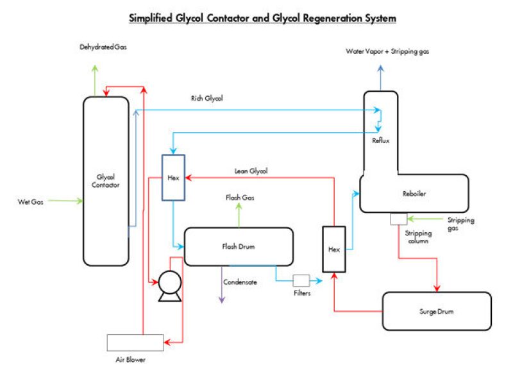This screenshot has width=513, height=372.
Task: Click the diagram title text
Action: (x=263, y=18)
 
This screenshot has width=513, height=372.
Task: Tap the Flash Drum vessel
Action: (x=239, y=246)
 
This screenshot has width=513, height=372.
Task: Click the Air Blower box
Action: (x=135, y=342)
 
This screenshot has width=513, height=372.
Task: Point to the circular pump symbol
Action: (x=169, y=282)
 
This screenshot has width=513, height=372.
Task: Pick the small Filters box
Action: (x=301, y=280)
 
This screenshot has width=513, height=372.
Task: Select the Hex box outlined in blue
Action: (x=173, y=178)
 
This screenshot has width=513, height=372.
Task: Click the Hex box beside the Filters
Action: (x=333, y=249)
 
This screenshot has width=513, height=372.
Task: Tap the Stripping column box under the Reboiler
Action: (x=398, y=219)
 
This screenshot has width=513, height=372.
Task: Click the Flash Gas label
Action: (x=240, y=198)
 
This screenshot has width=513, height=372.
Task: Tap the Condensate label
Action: (x=240, y=282)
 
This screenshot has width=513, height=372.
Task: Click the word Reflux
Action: (x=380, y=140)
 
